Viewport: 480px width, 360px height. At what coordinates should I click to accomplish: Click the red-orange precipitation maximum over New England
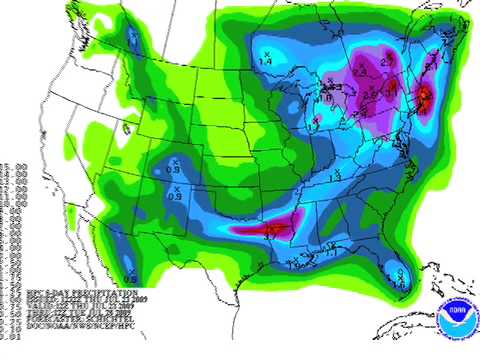pos(424,98)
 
